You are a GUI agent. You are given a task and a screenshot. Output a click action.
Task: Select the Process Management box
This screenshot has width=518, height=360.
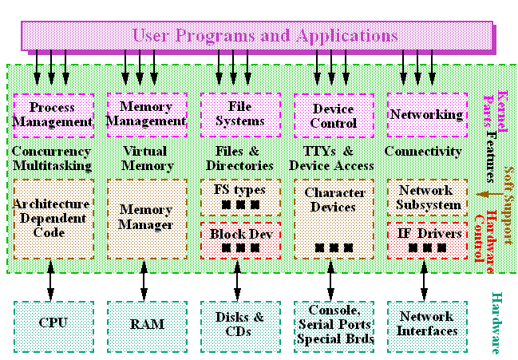click(53, 115)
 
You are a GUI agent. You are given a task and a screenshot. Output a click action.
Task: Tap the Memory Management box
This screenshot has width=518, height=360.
click(146, 113)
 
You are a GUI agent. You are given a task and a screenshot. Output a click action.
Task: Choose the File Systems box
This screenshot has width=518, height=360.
click(239, 113)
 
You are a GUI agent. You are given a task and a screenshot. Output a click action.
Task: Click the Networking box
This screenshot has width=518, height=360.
click(425, 114)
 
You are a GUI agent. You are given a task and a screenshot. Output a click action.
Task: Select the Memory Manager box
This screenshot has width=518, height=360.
click(146, 218)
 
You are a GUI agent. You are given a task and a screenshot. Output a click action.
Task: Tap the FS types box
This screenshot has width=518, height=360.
click(239, 196)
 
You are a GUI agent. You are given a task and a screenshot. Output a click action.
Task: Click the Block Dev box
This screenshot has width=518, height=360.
click(239, 239)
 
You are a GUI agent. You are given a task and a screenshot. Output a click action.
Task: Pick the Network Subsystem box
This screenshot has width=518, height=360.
click(425, 196)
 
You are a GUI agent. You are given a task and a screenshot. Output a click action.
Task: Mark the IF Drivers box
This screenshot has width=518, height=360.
click(425, 239)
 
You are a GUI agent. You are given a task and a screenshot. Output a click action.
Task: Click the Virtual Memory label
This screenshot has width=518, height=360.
click(146, 158)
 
